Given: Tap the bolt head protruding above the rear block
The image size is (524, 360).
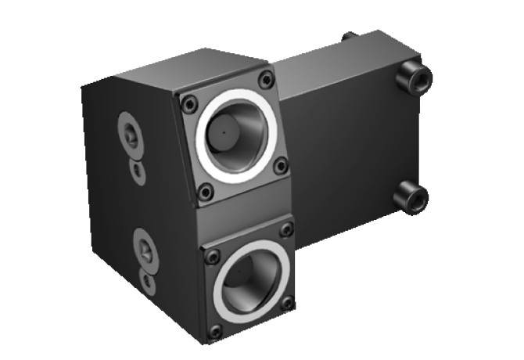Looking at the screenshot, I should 347,36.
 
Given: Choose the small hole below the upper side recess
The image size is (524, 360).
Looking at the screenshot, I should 137,167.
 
